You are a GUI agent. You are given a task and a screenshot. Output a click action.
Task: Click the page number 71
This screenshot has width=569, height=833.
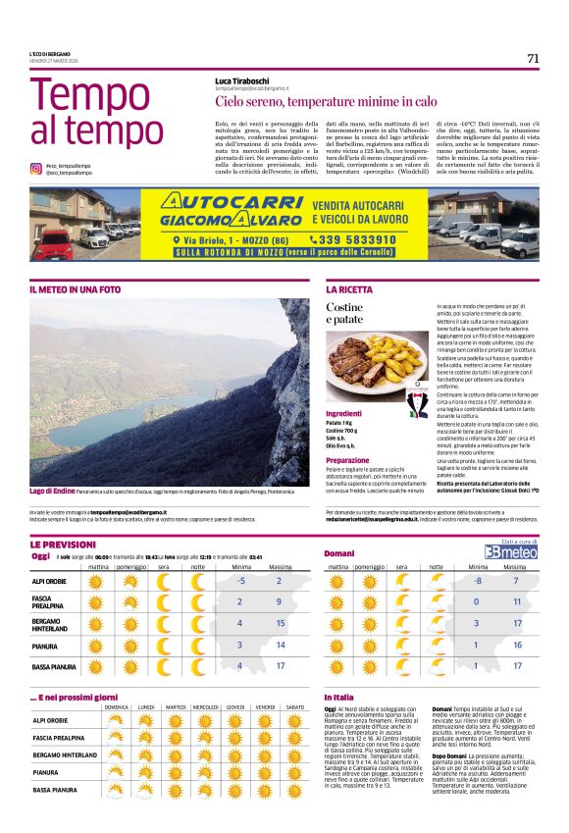tap(533, 58)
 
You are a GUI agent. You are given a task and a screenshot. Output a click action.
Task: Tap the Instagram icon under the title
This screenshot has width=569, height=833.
tap(35, 169)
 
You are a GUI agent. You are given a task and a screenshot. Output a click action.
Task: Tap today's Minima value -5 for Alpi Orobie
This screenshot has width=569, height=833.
tap(240, 581)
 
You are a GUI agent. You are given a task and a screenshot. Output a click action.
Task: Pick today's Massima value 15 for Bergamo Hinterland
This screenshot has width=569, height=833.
tap(280, 623)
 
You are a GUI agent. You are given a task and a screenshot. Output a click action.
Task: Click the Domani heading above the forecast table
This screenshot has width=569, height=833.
tap(338, 554)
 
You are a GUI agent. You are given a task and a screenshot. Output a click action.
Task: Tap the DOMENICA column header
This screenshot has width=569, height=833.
tap(117, 706)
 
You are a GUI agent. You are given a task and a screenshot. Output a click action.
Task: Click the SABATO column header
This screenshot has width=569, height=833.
tap(294, 706)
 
